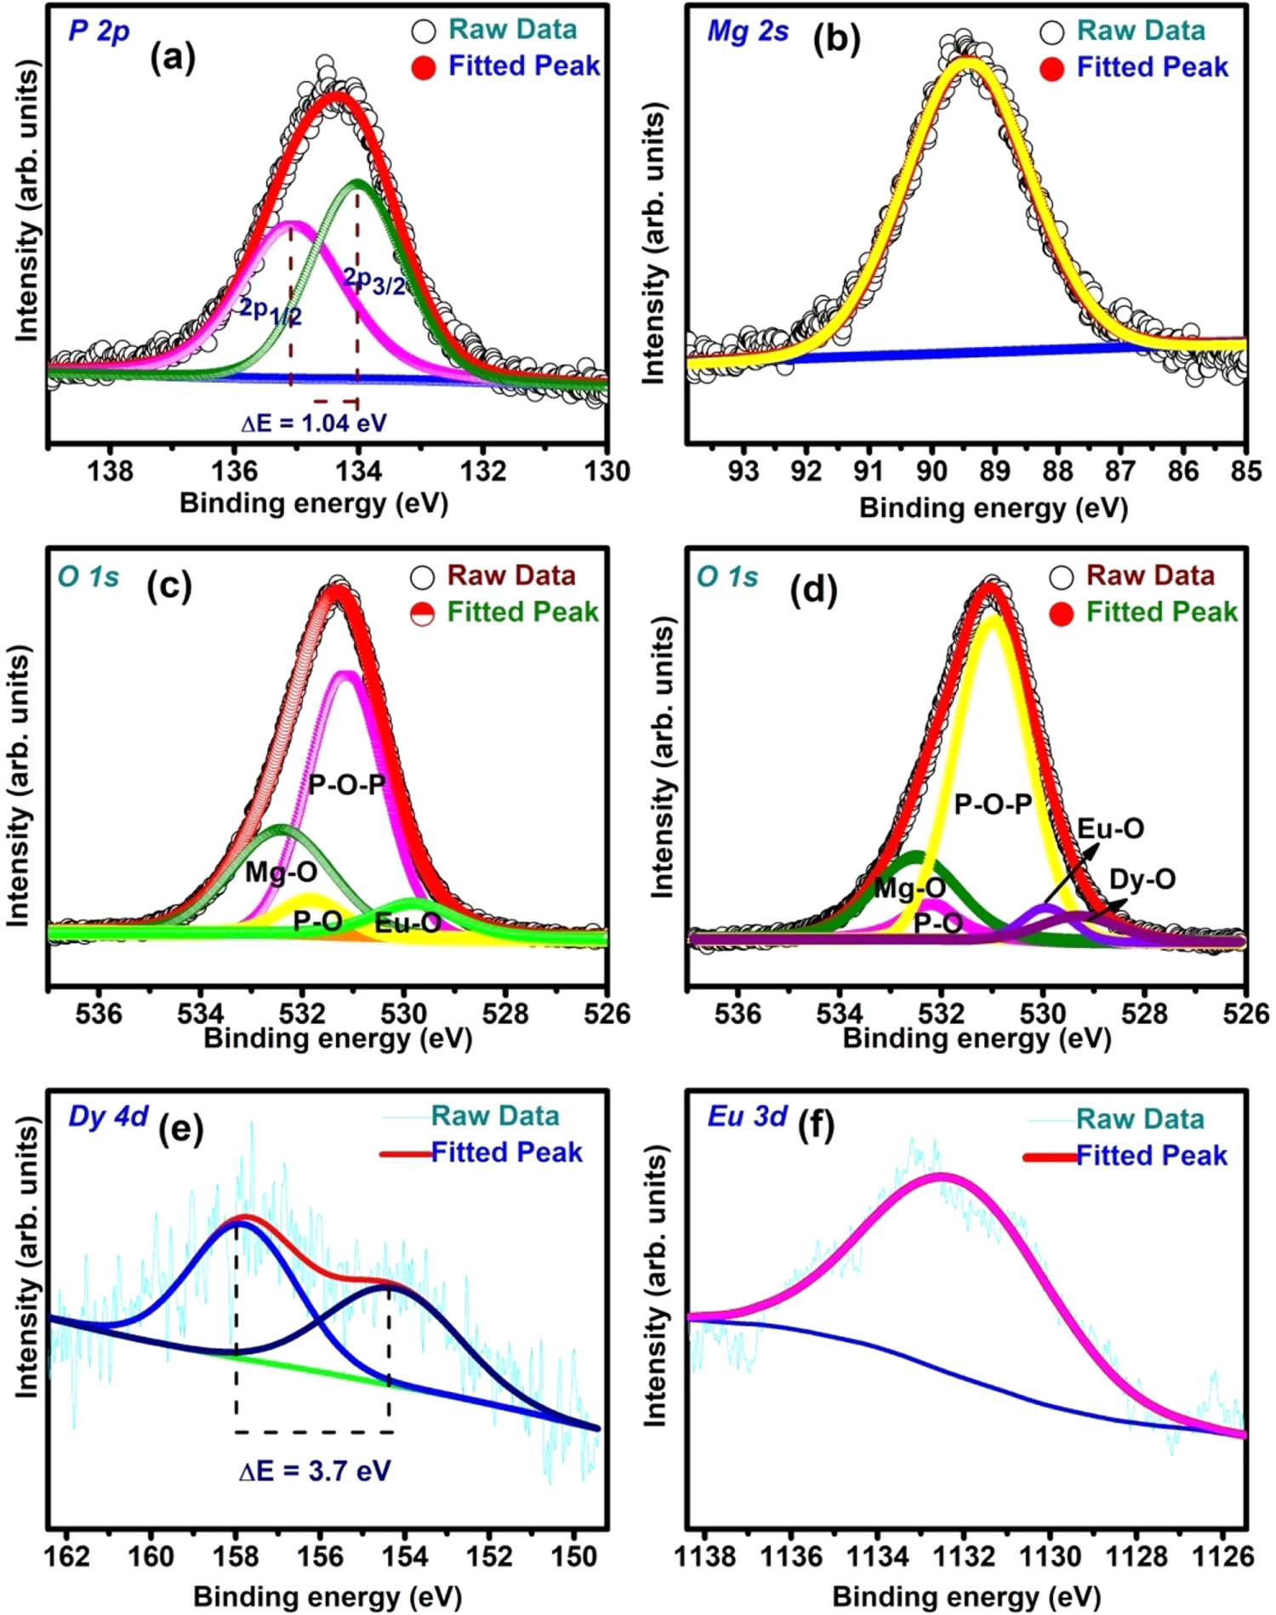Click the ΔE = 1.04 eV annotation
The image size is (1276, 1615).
click(314, 423)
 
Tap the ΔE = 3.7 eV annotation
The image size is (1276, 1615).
click(315, 1470)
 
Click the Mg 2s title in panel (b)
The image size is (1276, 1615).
click(748, 31)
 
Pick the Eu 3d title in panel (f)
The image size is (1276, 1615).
click(747, 1116)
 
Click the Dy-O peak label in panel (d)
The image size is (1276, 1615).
click(1142, 879)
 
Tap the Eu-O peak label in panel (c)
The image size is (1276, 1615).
click(407, 923)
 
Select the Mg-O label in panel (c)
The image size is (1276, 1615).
click(282, 872)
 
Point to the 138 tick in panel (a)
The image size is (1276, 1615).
click(111, 469)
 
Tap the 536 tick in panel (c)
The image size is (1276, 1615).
click(100, 1013)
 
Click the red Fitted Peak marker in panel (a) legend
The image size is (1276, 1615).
click(424, 67)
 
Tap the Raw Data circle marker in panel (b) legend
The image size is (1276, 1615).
click(1052, 31)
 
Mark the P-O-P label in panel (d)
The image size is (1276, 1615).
click(993, 804)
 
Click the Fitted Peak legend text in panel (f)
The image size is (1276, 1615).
click(1152, 1155)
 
